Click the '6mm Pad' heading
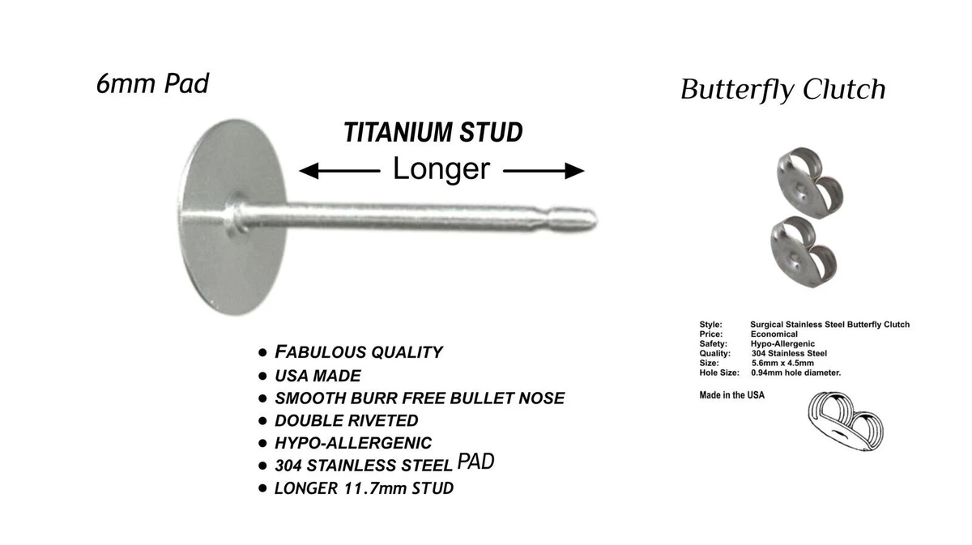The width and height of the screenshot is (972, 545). point(152,83)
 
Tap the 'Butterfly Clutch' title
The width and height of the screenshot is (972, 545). point(782,90)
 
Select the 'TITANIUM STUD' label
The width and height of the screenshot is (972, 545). point(433,132)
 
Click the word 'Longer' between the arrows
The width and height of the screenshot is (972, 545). point(441,168)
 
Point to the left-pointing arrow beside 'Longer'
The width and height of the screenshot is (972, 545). point(339,171)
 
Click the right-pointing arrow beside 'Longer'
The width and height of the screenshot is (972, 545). point(544,171)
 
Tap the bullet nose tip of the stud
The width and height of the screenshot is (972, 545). point(595,220)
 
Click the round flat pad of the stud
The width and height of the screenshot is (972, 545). point(232,217)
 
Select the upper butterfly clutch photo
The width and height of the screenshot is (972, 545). point(810,183)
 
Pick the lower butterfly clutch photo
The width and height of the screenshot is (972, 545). point(804,252)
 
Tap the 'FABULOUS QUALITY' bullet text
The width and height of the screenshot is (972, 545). point(358,352)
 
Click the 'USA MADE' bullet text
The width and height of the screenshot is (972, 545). point(318,376)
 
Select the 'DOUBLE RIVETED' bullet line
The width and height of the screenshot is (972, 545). point(347,420)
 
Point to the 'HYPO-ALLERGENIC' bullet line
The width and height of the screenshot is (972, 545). point(353,443)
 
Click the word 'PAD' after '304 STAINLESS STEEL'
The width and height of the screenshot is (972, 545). point(475,462)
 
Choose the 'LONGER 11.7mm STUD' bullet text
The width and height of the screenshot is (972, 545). point(364,488)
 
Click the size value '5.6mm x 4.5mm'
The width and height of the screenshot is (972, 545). point(782,363)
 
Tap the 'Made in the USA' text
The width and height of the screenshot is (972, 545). point(731,395)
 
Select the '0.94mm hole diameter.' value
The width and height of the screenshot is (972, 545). point(795,373)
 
